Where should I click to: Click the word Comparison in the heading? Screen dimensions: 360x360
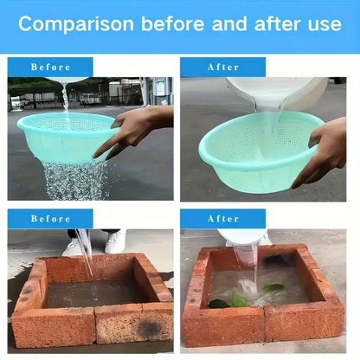tap(76, 24)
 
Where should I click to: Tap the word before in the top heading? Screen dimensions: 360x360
tap(172, 23)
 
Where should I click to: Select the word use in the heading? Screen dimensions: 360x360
tap(325, 25)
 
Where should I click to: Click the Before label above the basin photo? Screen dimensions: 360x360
tap(50, 67)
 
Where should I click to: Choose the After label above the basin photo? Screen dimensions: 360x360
tap(223, 67)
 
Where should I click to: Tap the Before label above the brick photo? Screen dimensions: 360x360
tap(50, 219)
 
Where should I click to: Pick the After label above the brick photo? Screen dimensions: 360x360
tap(223, 219)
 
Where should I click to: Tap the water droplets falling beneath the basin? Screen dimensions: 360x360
tap(75, 180)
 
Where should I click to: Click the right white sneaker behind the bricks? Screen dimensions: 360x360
tap(115, 241)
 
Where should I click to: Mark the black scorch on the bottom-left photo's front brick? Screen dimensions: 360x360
tap(149, 327)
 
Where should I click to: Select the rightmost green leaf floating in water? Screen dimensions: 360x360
tap(273, 287)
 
